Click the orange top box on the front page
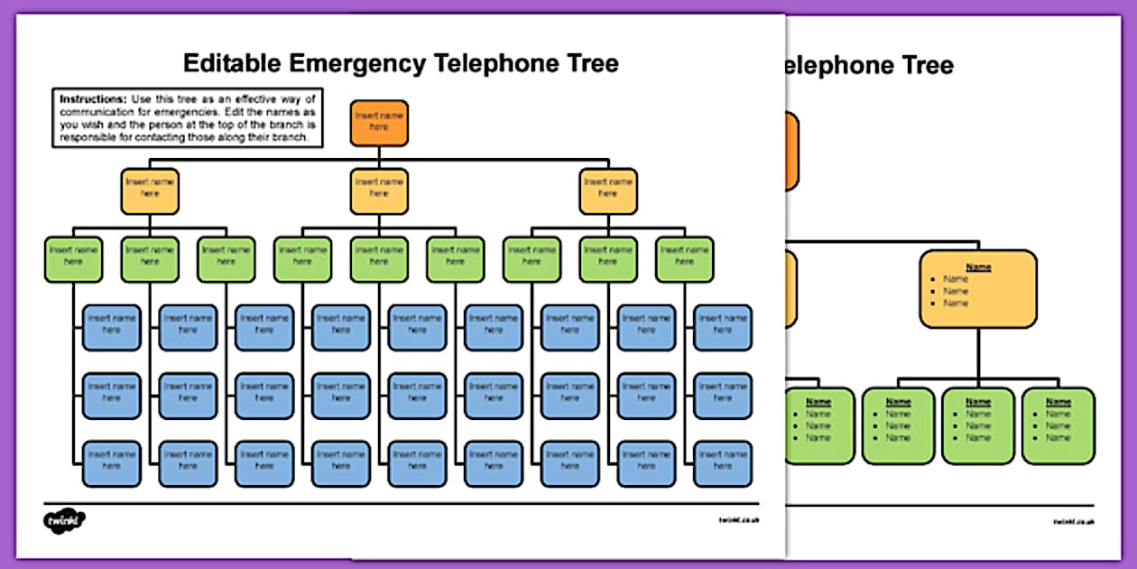(x=379, y=122)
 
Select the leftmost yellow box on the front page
(x=150, y=191)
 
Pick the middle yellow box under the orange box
(x=379, y=191)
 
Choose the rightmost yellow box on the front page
(x=608, y=191)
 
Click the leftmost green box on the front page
(x=74, y=259)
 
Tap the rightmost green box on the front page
(x=684, y=259)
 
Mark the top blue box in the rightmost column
(x=722, y=327)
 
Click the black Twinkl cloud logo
(x=64, y=521)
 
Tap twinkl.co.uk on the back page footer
(x=1073, y=521)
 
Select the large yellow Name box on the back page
(x=978, y=289)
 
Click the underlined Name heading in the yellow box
(x=978, y=267)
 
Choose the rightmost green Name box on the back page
(x=1058, y=425)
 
